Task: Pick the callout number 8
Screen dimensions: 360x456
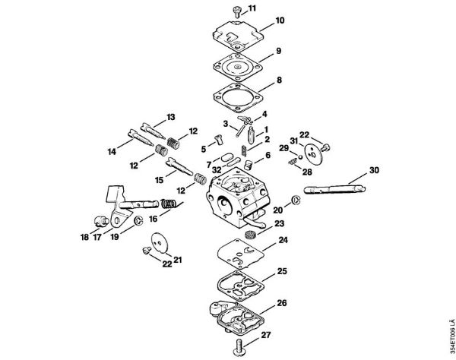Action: (x=280, y=79)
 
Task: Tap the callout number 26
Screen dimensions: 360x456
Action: (x=283, y=304)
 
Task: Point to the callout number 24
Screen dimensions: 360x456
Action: (x=283, y=240)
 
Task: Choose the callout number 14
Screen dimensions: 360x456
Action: (x=112, y=152)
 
